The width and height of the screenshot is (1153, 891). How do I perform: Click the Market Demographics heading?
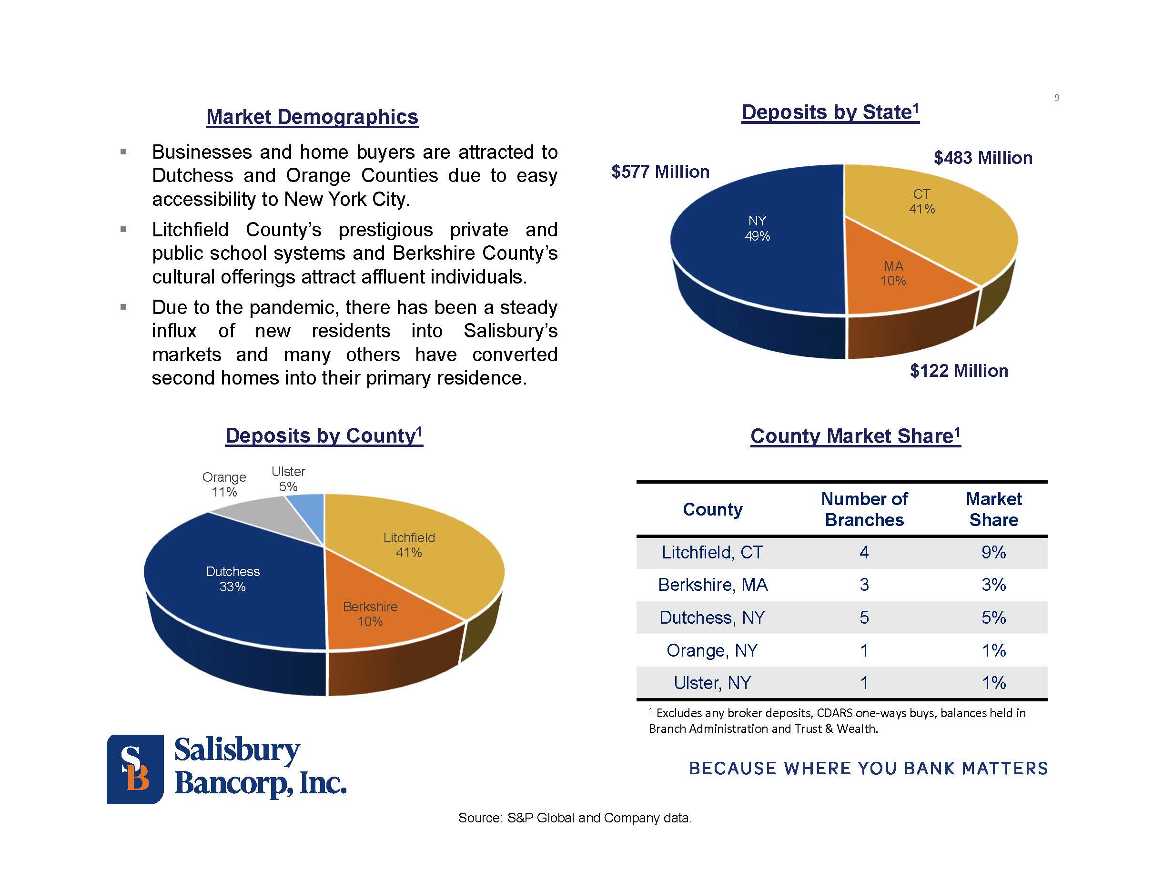point(312,117)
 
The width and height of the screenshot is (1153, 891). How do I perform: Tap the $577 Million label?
point(660,172)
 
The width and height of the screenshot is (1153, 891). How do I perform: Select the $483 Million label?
point(982,158)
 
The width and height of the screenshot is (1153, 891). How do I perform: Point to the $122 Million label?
point(959,371)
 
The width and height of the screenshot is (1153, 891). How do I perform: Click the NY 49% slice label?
point(757,229)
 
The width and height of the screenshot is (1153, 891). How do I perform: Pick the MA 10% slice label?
point(893,273)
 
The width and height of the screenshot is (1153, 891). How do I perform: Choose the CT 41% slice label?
point(922,202)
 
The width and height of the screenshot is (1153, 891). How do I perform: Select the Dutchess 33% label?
point(233,579)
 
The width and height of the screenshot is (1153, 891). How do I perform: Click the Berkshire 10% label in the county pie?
point(370,614)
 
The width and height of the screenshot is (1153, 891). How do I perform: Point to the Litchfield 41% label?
point(409,545)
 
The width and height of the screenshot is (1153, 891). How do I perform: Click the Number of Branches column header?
point(864,509)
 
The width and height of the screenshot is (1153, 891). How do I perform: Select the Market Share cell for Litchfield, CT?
point(993,552)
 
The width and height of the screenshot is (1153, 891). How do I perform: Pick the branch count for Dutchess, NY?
point(864,617)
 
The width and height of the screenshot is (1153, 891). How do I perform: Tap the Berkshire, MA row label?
point(712,585)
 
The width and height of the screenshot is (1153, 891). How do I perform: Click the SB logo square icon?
point(135,769)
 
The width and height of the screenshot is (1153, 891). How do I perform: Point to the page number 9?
point(1056,98)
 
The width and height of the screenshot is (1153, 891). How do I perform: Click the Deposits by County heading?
point(324,436)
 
